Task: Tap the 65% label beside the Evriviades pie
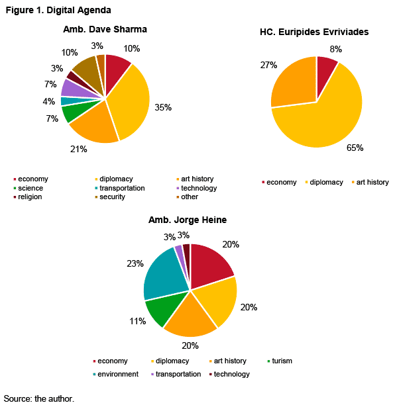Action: [355, 148]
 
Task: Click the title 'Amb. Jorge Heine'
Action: [188, 220]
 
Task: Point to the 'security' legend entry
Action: [110, 197]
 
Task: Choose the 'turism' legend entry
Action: [280, 361]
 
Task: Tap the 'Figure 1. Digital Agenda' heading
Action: [58, 10]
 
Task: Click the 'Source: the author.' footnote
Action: [39, 398]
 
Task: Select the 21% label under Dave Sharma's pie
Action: [78, 149]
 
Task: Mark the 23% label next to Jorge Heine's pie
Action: [135, 263]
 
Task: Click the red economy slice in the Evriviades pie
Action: [325, 73]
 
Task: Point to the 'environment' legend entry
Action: [116, 374]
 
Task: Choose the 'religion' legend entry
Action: [28, 197]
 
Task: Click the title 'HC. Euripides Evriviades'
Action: [314, 32]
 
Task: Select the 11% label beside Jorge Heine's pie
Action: [138, 321]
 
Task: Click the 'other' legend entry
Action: [188, 197]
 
